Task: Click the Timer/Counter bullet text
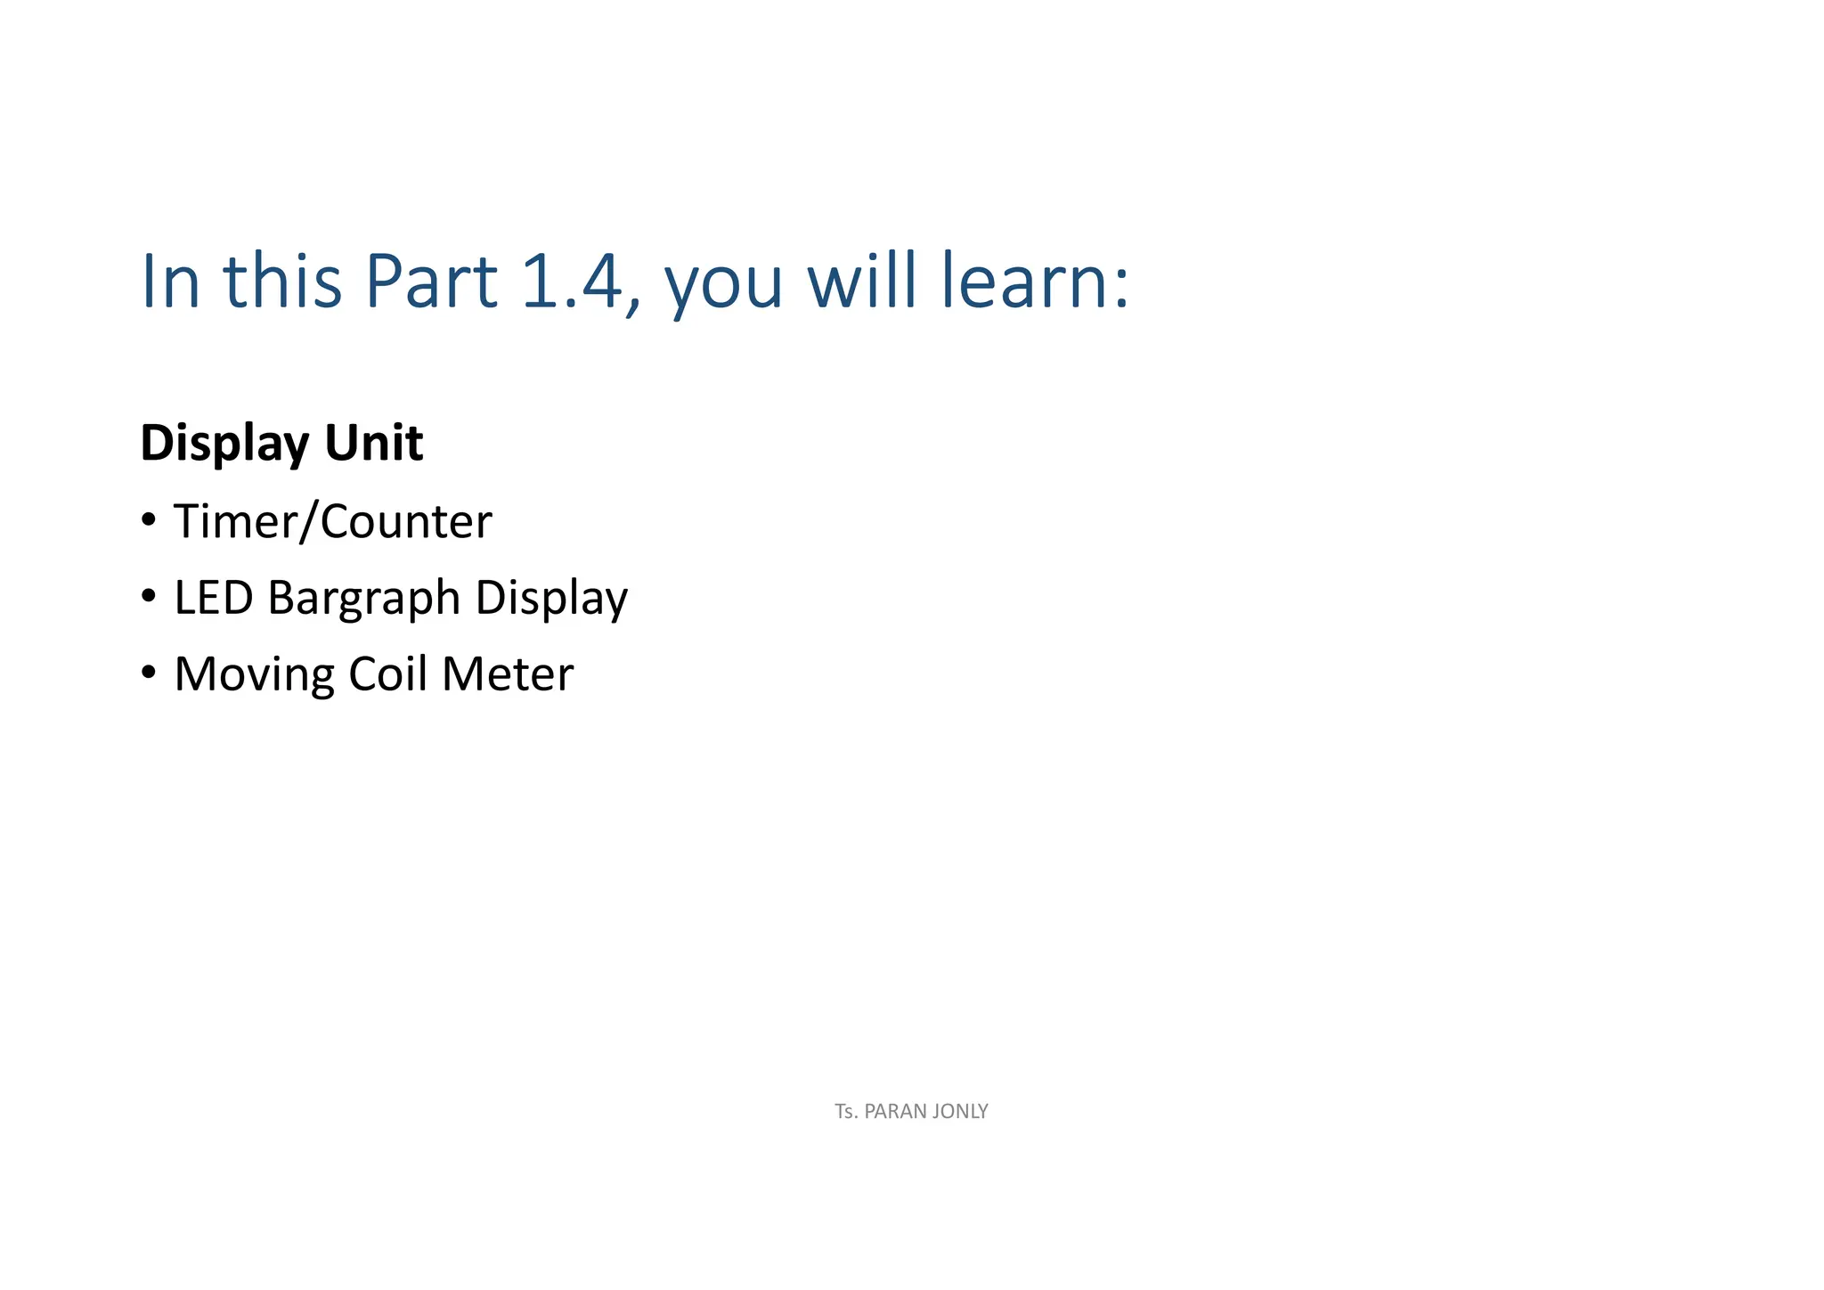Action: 332,522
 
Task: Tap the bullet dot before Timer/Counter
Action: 149,519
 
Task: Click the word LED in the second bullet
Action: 214,598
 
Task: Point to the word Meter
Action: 507,674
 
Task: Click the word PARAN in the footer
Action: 894,1112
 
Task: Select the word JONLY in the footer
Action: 959,1112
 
